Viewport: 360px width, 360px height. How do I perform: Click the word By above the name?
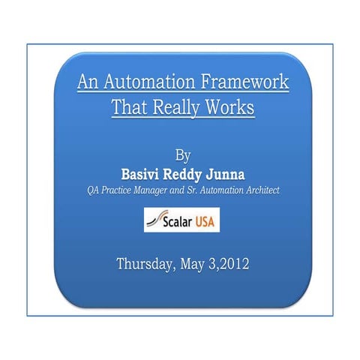182,156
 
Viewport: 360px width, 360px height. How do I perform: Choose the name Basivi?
137,174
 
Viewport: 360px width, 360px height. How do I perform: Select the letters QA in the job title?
94,191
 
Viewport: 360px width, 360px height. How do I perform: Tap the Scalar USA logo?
181,220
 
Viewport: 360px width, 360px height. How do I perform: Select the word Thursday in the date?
145,264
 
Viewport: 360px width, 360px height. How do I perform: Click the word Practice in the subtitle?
118,191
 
